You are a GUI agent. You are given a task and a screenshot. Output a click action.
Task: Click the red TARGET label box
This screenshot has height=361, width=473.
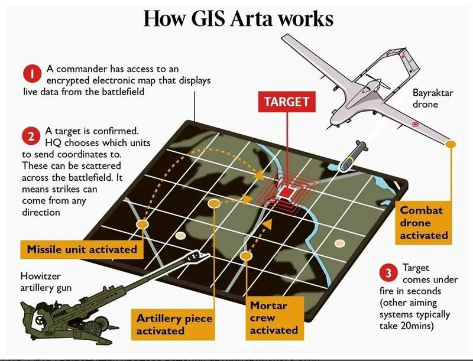click(x=287, y=102)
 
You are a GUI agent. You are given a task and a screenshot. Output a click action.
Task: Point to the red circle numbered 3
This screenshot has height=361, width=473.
click(x=387, y=273)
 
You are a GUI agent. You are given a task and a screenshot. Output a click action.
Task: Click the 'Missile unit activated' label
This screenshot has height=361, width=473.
click(x=82, y=249)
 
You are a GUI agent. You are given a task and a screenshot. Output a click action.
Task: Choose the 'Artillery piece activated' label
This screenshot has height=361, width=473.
click(x=174, y=324)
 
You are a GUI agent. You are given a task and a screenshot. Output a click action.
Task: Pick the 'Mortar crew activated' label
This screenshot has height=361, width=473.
click(x=273, y=318)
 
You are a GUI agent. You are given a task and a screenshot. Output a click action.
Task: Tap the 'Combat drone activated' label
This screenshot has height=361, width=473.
click(x=424, y=223)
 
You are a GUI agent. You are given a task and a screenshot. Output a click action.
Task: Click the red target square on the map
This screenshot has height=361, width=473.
click(x=288, y=193)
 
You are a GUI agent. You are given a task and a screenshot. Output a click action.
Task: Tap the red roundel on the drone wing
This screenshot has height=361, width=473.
click(x=414, y=124)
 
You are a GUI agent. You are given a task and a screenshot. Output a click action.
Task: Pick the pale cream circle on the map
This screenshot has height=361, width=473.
click(x=339, y=243)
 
